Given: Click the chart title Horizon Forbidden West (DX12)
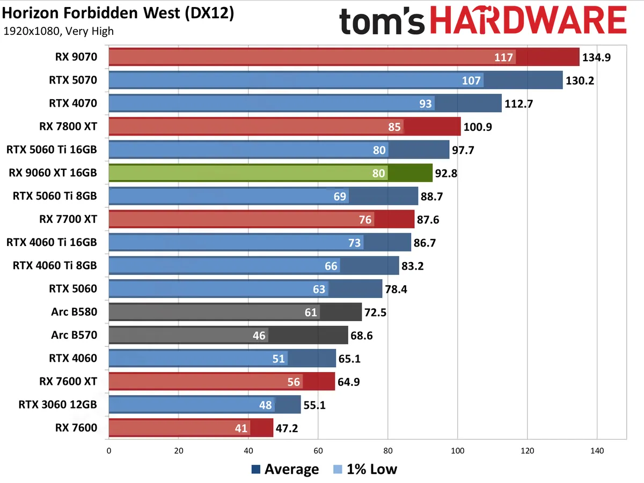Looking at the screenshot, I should (x=118, y=13).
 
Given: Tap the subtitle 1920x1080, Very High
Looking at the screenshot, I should (x=58, y=31).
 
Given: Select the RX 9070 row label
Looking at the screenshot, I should (x=76, y=57).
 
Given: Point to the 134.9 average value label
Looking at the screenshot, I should (x=597, y=57).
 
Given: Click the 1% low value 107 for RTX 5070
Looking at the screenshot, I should (x=472, y=80).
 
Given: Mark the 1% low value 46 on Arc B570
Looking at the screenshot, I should (x=259, y=336).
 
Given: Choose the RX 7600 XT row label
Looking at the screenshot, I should (x=68, y=382).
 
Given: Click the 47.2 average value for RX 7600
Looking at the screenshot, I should (x=287, y=428).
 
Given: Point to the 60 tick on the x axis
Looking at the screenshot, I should (x=318, y=451).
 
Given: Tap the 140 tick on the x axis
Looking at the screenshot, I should (x=597, y=451).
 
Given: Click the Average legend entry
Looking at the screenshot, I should (x=285, y=470).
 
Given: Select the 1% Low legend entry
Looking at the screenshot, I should (x=365, y=470).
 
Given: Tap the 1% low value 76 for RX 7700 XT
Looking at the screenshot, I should (x=365, y=219).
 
